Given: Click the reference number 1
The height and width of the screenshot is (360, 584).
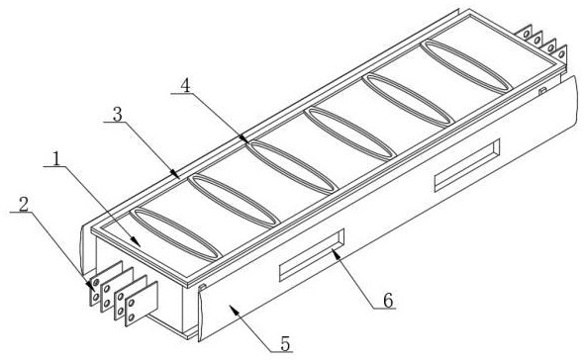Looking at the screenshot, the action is [x=56, y=159].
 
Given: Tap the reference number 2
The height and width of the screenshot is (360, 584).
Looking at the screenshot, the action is [x=24, y=205].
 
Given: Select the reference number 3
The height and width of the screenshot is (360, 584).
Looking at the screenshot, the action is [x=118, y=115].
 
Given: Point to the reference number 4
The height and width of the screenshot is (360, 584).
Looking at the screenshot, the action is [x=185, y=86].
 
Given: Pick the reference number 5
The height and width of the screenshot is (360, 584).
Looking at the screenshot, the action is [x=285, y=344].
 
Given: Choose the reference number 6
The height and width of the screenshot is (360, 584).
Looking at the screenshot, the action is [x=388, y=301].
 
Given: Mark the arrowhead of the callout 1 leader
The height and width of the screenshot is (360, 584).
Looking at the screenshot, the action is [x=139, y=244].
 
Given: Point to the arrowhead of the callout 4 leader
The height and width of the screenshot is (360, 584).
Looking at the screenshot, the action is [x=245, y=140].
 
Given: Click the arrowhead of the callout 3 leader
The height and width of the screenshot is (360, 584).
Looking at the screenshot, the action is [x=176, y=174].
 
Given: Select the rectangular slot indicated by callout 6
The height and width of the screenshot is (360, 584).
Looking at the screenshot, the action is [x=312, y=254].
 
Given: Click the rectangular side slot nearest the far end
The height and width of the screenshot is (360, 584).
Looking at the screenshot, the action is [x=467, y=165].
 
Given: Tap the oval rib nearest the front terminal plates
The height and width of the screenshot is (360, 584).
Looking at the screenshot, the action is [x=175, y=233].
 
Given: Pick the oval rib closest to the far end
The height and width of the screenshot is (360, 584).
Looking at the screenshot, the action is [x=465, y=66].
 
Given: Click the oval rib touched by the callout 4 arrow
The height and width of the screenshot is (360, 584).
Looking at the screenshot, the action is [x=292, y=167].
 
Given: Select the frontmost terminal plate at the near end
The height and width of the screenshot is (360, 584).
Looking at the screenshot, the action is [x=142, y=304].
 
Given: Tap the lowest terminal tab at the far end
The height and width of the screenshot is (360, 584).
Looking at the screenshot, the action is [x=560, y=52].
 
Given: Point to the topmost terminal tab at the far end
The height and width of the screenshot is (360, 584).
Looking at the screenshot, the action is [x=526, y=33].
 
